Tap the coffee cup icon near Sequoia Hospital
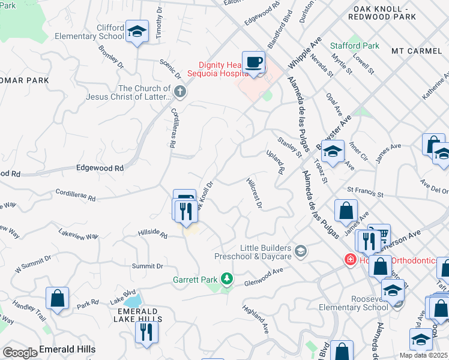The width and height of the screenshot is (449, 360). (x=254, y=62)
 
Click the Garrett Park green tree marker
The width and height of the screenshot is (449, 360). (x=226, y=279)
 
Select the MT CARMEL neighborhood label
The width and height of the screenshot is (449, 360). (x=416, y=51)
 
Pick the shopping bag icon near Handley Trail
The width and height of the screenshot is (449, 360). (x=57, y=298)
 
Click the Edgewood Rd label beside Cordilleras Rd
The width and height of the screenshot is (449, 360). (x=100, y=169)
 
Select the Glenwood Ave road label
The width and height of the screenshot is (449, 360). (x=262, y=271)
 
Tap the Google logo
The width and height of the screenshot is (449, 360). (x=19, y=353)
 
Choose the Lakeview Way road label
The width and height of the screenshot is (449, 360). (x=79, y=233)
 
